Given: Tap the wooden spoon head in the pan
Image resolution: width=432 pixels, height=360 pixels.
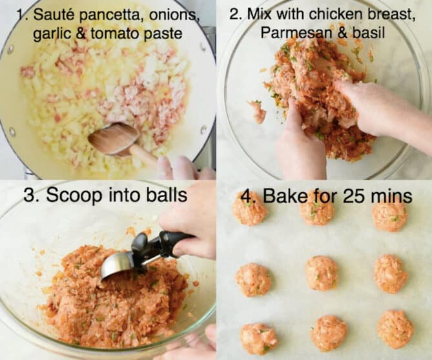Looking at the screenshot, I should (113, 139).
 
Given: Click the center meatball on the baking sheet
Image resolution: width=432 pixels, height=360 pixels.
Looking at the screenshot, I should (322, 273).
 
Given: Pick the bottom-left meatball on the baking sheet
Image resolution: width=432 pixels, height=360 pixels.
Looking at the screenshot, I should (258, 338).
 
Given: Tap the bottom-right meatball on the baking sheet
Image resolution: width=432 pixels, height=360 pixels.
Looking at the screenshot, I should (395, 328).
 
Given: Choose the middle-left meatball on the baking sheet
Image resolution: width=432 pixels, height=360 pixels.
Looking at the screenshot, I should (253, 279).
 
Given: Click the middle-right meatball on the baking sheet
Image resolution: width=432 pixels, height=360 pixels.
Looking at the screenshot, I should (391, 274).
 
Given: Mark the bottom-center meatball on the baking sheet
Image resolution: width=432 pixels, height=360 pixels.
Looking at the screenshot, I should (329, 333).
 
